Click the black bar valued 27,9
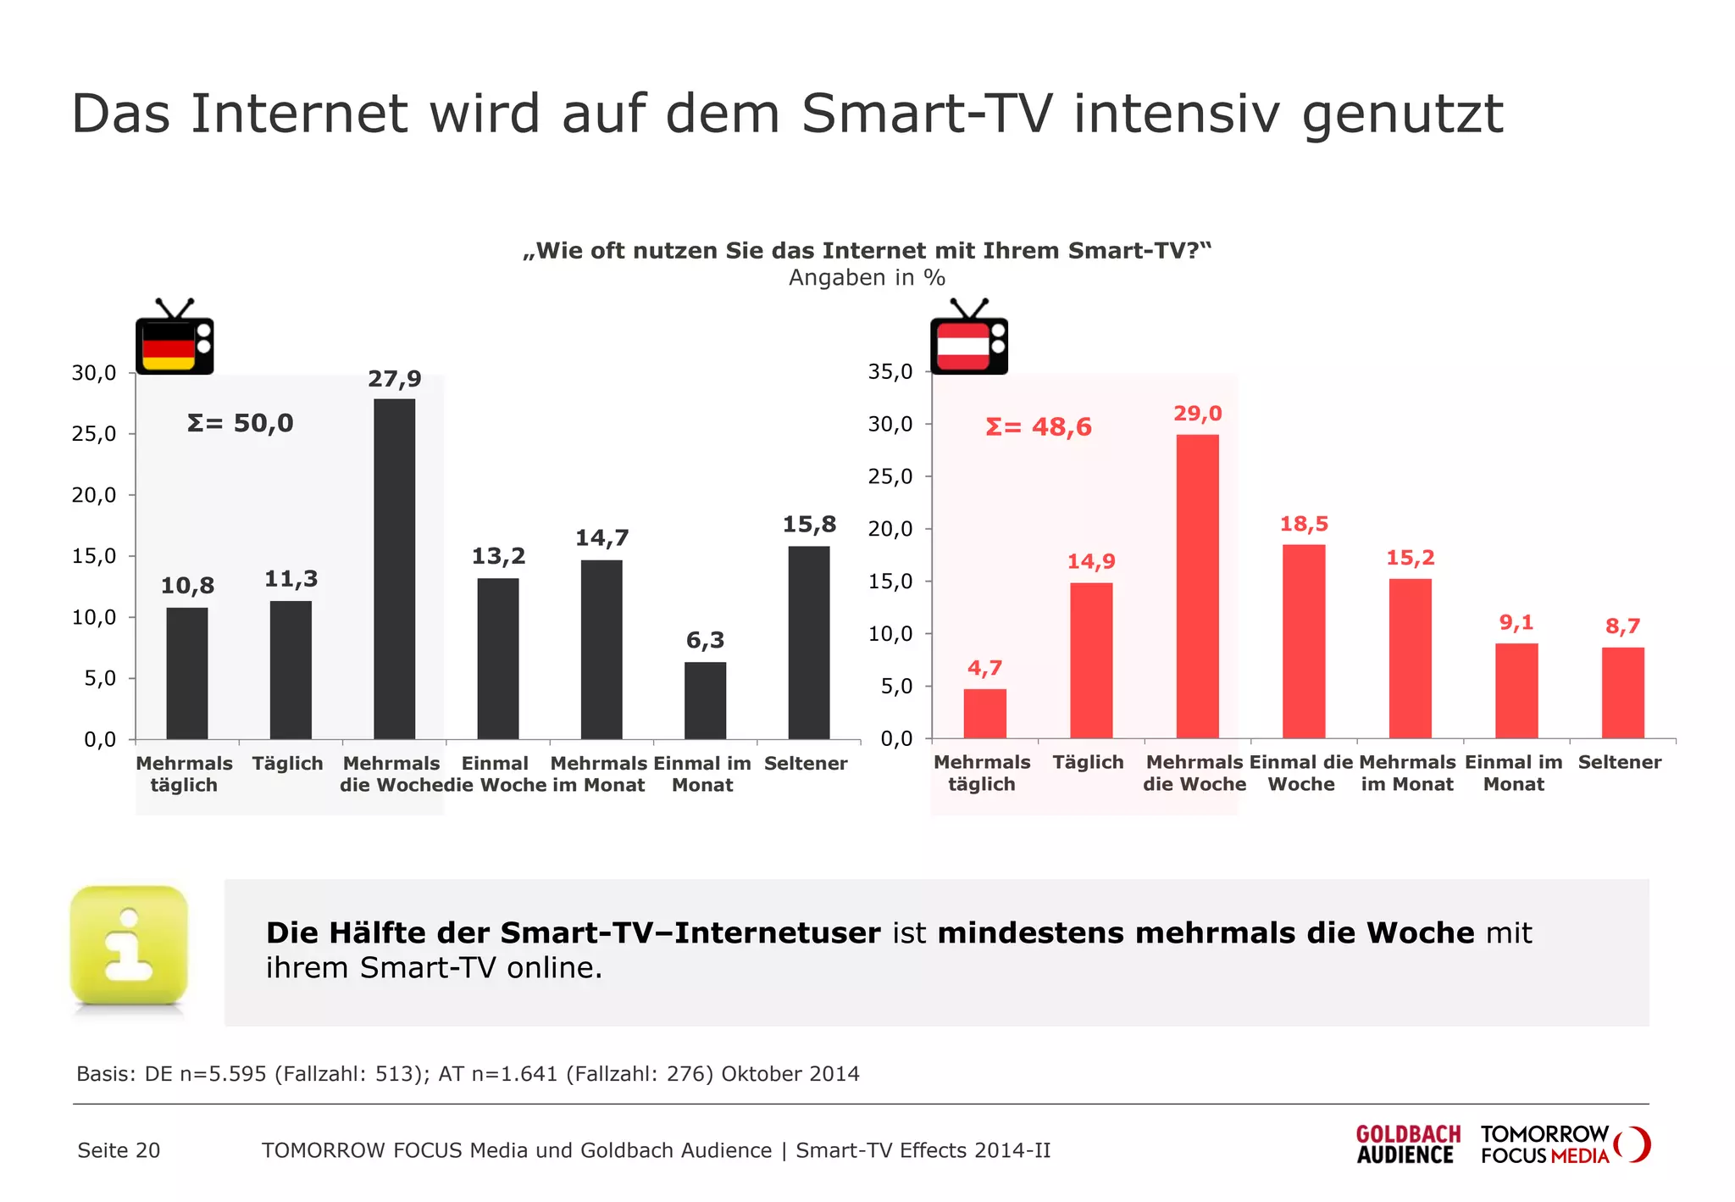(x=394, y=568)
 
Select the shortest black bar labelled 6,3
(x=705, y=700)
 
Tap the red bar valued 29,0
(x=1197, y=586)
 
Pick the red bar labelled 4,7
(x=984, y=713)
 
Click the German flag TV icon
(x=175, y=338)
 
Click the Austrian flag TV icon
(x=969, y=338)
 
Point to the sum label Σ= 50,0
(x=240, y=423)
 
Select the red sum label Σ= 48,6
(x=1039, y=426)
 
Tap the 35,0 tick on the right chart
(x=890, y=371)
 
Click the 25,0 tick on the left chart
(x=93, y=434)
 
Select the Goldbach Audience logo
(x=1407, y=1144)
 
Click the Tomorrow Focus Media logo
(x=1564, y=1144)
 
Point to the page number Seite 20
(x=119, y=1150)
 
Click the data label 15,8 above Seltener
(x=808, y=525)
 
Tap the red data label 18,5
(x=1303, y=524)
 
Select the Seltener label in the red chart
(x=1619, y=762)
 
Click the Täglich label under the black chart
(x=287, y=763)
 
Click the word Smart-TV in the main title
(x=927, y=114)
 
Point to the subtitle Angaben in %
(x=867, y=277)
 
